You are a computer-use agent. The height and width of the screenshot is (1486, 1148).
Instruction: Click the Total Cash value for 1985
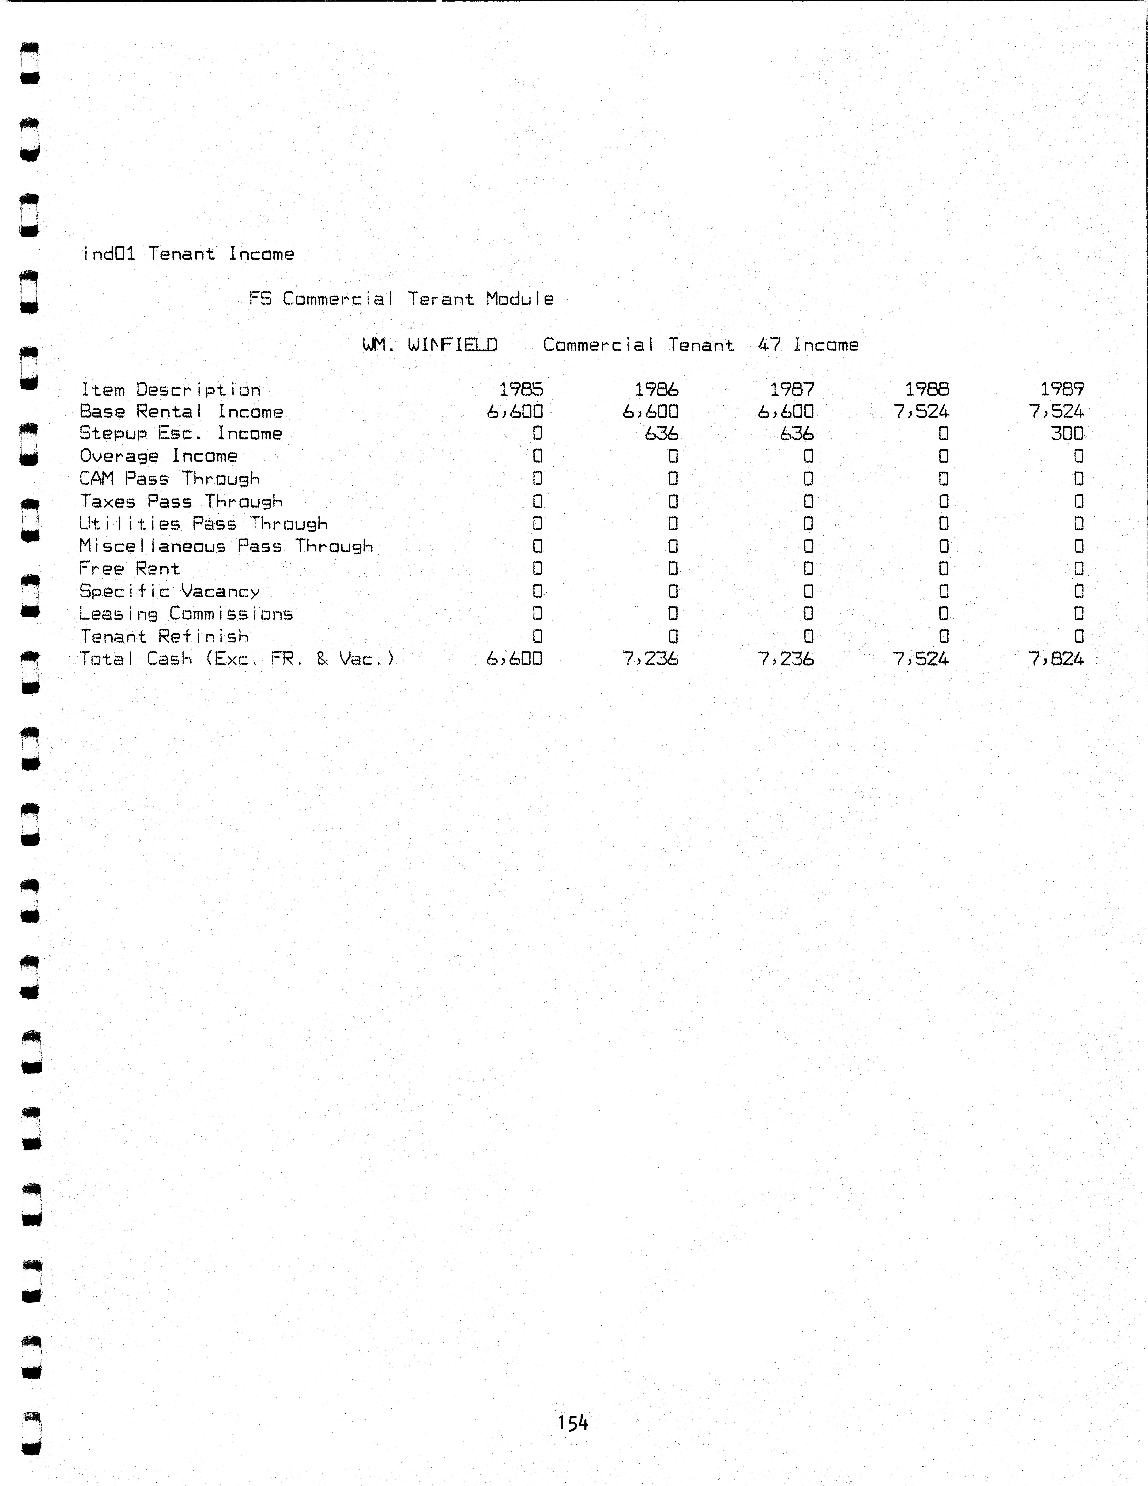pos(514,659)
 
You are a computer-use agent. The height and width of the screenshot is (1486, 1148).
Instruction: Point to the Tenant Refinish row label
pos(164,636)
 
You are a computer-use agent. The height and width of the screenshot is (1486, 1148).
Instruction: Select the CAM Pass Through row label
pos(170,479)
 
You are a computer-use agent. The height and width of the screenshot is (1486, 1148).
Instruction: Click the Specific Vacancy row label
pos(170,591)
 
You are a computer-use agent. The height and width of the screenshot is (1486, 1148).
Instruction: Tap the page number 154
pos(572,1422)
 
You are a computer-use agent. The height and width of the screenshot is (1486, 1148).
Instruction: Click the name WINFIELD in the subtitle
pos(452,345)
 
